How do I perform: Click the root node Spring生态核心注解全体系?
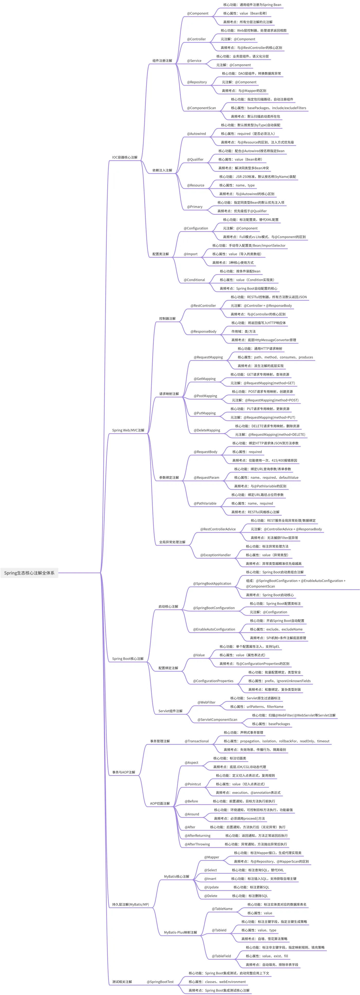click(29, 573)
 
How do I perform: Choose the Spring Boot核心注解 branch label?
click(128, 658)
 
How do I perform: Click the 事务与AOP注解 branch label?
click(124, 772)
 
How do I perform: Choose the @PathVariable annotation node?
click(205, 503)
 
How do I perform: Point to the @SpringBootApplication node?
click(212, 584)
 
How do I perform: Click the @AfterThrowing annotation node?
click(197, 844)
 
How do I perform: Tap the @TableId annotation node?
click(219, 930)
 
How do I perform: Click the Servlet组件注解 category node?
click(170, 711)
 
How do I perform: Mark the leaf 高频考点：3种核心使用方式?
click(233, 263)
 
